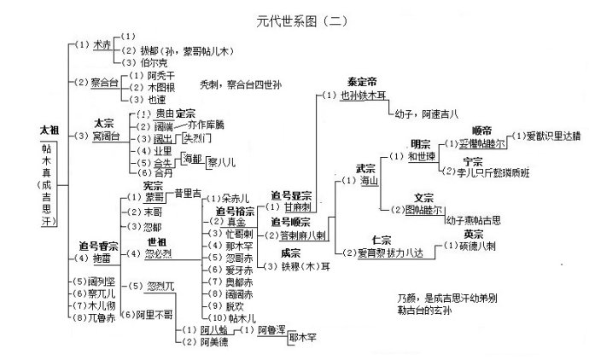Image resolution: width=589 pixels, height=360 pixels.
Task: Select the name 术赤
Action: tap(102, 44)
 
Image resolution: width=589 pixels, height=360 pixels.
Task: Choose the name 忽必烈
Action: tap(159, 253)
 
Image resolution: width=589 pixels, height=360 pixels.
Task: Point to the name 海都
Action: tap(193, 159)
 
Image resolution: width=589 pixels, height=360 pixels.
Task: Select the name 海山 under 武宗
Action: tap(369, 181)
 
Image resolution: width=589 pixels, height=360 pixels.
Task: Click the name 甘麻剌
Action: tap(295, 207)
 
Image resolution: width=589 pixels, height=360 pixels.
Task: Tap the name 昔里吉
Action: tap(186, 194)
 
